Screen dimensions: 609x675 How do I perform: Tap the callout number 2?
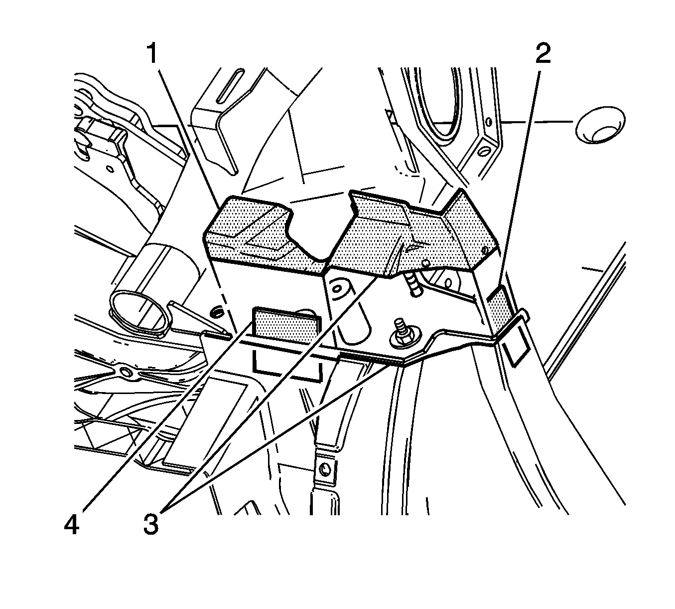click(542, 53)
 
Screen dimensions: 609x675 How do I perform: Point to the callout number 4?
click(72, 525)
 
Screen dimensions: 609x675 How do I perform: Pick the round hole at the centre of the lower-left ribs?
click(124, 372)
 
